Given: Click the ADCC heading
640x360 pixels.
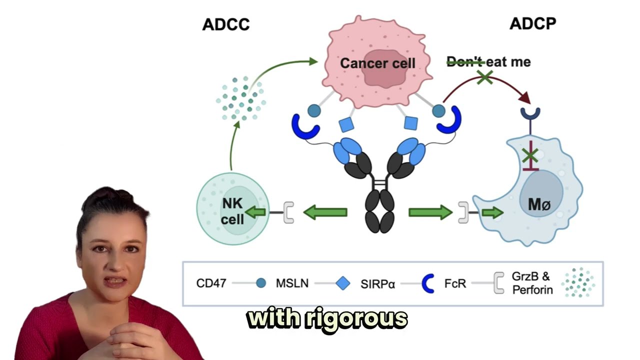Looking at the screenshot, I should coord(225,24).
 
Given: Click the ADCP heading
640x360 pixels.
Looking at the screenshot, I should coord(532,23).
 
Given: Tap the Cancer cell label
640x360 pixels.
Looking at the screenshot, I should coord(377,63).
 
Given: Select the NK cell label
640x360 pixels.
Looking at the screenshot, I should coord(232,211).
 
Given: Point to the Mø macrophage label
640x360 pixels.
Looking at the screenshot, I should coord(539,204).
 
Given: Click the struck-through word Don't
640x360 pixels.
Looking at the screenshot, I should coord(464,62).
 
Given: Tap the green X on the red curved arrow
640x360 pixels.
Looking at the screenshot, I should coord(484,77).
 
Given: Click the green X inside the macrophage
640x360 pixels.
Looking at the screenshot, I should coord(530,156).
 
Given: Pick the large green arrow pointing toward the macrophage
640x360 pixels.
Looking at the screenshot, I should coord(430,212).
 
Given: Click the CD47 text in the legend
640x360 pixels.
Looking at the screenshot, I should coord(211,283).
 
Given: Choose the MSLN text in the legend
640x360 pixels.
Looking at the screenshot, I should coord(292,283).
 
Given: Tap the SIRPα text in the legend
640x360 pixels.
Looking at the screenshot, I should coord(377,283).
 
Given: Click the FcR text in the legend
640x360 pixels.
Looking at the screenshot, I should coord(455,283).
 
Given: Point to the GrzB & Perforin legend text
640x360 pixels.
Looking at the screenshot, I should coord(532,283).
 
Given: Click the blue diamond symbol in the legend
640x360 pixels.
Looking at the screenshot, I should coord(343,283).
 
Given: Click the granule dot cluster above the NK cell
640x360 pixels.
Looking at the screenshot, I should coord(240,98).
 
